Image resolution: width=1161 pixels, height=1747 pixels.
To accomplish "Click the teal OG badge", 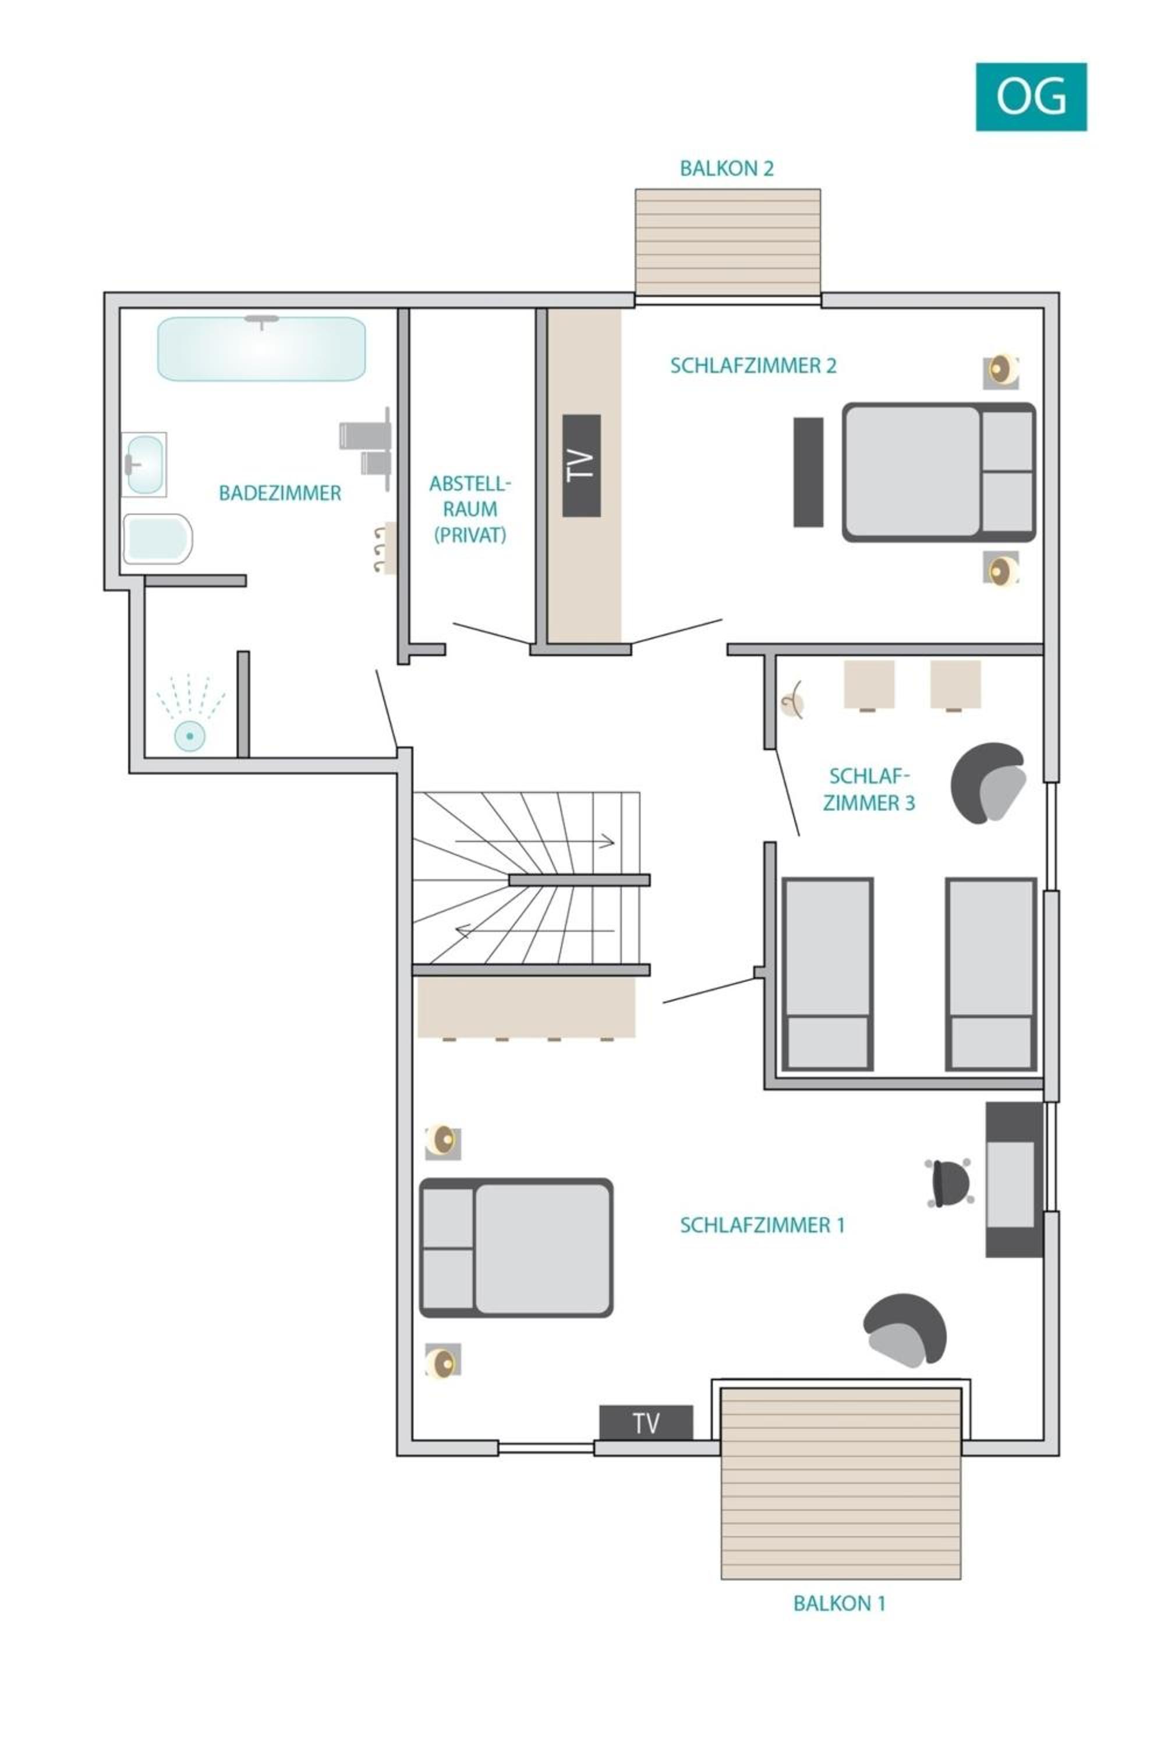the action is point(1031,97).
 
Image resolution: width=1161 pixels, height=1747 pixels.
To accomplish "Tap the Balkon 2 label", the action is point(727,169).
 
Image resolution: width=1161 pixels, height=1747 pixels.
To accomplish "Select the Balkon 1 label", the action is point(839,1603).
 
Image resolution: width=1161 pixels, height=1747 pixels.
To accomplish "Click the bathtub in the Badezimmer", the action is point(261,349).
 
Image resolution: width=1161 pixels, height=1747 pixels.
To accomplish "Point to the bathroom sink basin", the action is point(144,464).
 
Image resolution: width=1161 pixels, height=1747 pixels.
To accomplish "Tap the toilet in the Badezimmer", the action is point(158,539).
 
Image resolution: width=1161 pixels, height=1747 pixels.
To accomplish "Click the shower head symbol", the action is point(190,735).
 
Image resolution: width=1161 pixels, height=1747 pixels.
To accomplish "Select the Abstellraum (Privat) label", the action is point(470,509).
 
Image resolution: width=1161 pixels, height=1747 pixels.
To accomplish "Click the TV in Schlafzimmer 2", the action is point(581,465).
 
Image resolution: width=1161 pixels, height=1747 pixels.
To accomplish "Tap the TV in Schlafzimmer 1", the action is point(646,1423).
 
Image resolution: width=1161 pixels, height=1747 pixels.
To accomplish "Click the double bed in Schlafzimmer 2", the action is point(939,472).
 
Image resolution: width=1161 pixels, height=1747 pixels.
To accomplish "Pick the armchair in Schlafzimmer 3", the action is point(989,783).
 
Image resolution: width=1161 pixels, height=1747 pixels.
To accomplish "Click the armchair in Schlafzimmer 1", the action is point(905,1330).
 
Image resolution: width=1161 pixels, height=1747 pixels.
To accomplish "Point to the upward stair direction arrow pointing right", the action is point(535,841).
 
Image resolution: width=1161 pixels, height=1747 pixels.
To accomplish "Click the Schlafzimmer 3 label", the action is point(869,788).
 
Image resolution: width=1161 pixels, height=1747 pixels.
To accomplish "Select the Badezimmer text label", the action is point(280,493).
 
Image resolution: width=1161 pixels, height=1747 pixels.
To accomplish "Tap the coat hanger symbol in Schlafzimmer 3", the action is point(793,699).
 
